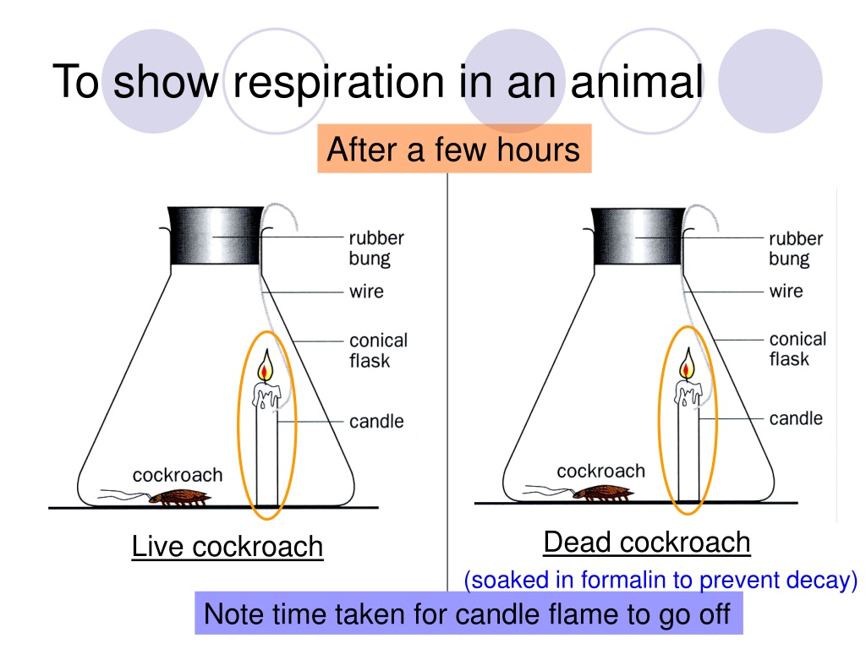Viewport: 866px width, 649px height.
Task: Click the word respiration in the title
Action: [338, 83]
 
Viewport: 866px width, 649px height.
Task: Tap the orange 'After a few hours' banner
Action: [454, 149]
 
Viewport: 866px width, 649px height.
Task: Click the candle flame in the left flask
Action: [266, 365]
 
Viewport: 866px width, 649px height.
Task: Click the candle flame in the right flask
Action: [688, 363]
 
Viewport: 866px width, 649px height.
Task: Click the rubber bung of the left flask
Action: [216, 236]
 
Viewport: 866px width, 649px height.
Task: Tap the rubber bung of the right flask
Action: [639, 237]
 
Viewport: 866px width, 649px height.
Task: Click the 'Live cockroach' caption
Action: [227, 547]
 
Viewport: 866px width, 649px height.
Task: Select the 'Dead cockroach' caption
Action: [647, 542]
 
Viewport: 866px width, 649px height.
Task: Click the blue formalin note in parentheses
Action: [660, 580]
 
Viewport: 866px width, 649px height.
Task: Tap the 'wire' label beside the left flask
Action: [366, 292]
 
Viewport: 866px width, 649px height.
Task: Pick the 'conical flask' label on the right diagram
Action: [797, 349]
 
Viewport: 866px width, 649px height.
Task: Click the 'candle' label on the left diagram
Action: [376, 421]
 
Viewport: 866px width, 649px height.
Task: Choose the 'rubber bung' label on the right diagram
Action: [795, 248]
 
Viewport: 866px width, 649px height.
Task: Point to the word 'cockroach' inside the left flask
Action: [178, 475]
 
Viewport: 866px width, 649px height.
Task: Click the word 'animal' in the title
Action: [637, 83]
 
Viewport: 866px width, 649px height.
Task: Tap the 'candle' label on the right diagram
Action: [796, 418]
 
